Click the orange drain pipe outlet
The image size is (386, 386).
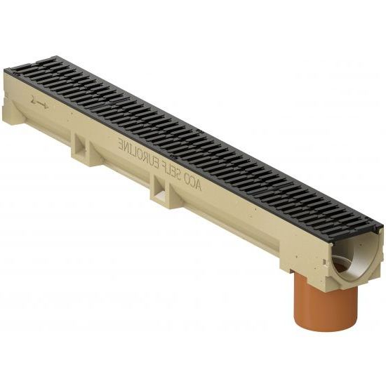326,304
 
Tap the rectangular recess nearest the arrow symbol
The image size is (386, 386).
81,145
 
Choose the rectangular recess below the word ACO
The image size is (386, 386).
160,188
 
